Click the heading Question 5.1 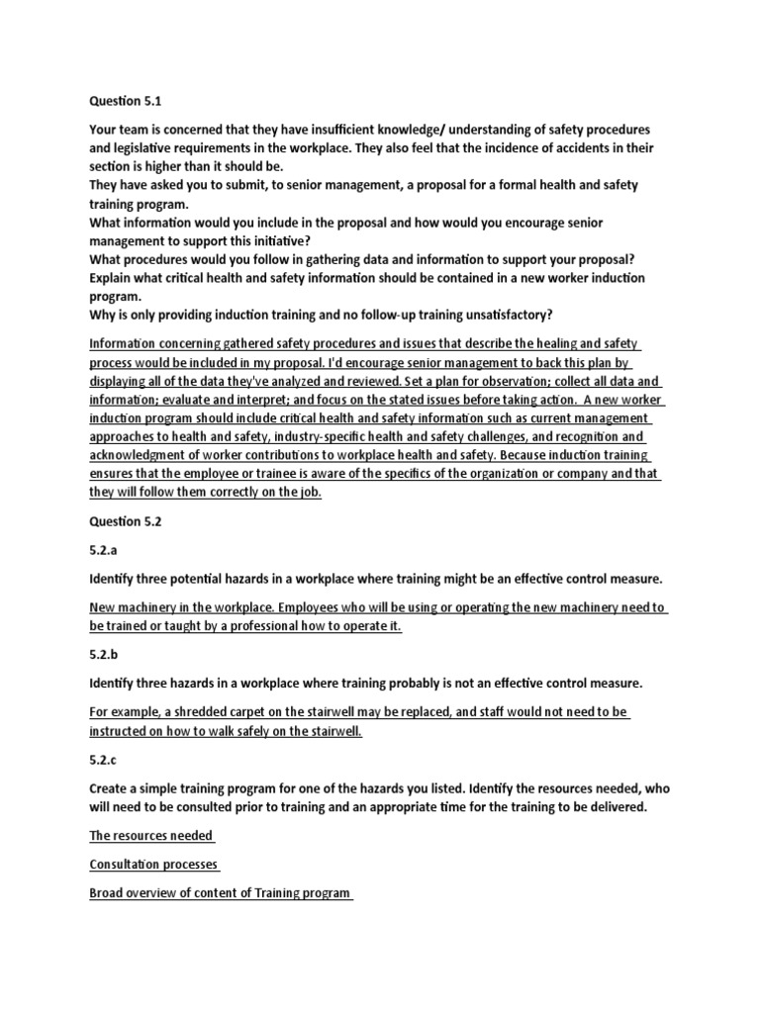point(126,99)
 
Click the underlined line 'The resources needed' point(151,836)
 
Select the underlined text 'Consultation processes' point(154,865)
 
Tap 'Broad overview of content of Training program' point(220,893)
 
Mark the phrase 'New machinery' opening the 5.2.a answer point(132,607)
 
